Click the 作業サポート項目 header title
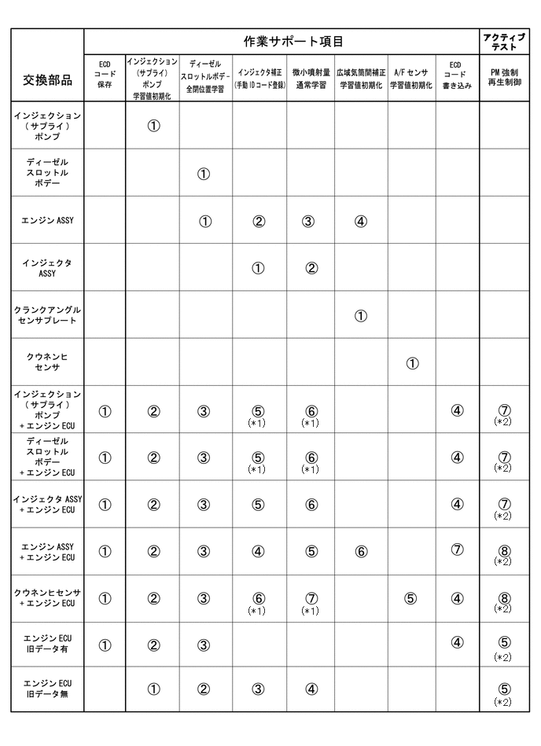point(281,41)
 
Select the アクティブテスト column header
point(504,41)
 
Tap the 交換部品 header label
point(47,81)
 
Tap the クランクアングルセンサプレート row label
point(47,315)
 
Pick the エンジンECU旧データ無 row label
point(47,689)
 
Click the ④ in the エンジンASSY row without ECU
point(360,221)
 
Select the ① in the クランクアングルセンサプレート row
point(360,316)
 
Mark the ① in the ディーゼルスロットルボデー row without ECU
point(204,174)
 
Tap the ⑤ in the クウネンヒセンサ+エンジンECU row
point(411,598)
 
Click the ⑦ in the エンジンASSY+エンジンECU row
point(457,549)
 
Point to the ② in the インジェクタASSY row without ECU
point(311,268)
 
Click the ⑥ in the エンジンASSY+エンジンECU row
point(360,551)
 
